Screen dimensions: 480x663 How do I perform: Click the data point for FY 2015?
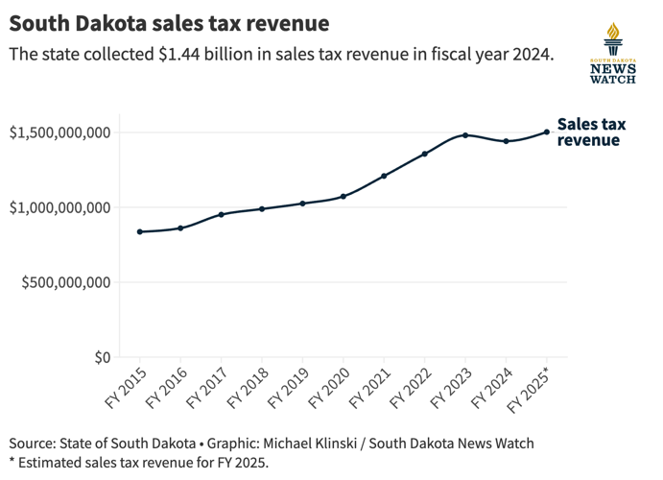point(140,231)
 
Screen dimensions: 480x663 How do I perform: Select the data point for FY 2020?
point(343,196)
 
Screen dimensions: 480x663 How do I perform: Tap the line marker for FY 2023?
point(465,135)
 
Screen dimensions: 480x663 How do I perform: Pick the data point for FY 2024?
point(506,141)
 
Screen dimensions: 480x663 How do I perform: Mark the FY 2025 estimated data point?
point(547,132)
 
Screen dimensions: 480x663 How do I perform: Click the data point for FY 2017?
point(222,214)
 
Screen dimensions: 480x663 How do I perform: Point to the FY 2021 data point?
point(384,176)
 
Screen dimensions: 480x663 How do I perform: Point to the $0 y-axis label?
point(102,357)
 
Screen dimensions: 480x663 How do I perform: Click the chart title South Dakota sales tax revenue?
point(169,22)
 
